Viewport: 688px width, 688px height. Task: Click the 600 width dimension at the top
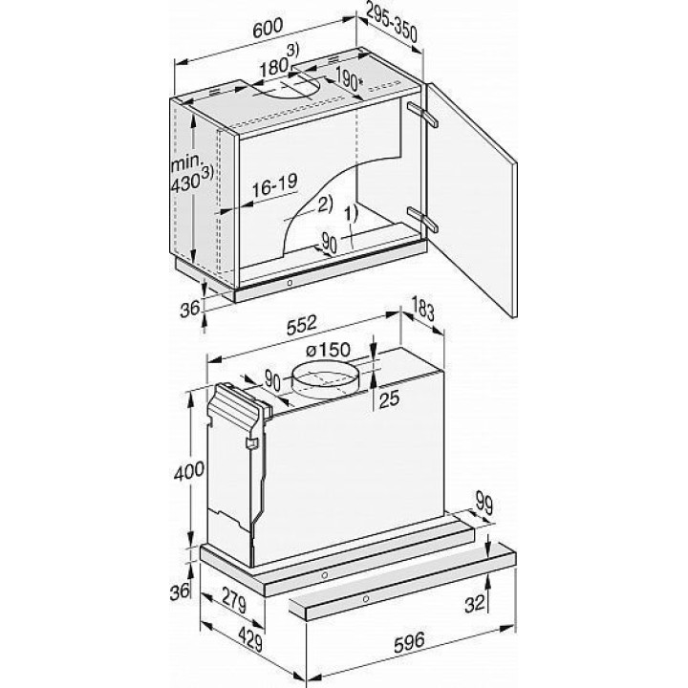(x=269, y=27)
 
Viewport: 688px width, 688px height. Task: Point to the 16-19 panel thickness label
(x=274, y=184)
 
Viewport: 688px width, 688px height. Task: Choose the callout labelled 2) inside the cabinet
(x=325, y=204)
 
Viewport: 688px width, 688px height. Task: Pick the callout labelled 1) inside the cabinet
(x=351, y=214)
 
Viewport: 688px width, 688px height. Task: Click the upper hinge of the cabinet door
(x=422, y=114)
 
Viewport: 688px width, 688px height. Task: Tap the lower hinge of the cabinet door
(x=422, y=219)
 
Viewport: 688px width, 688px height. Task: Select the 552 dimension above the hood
(x=302, y=325)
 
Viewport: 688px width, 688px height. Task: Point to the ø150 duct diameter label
(x=328, y=351)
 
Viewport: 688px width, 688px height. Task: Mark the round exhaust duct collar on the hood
(x=325, y=380)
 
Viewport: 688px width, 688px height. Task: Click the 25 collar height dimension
(x=389, y=398)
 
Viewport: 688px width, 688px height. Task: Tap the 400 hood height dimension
(x=188, y=471)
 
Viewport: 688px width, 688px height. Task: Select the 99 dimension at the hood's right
(x=484, y=505)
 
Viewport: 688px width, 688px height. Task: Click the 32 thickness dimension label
(x=474, y=604)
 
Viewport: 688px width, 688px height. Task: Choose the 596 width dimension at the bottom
(x=410, y=642)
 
